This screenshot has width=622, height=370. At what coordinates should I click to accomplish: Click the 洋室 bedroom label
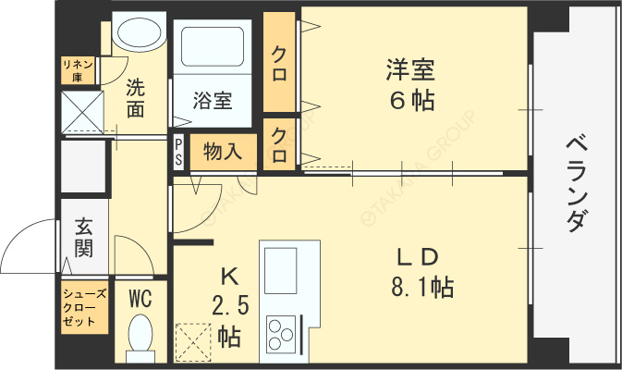click(410, 70)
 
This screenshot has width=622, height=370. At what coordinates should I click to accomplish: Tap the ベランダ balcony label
click(576, 183)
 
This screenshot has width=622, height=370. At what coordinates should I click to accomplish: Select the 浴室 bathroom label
click(213, 100)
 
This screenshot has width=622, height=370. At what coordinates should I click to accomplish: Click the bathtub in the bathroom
click(213, 46)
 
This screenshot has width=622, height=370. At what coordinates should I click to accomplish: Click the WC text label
click(140, 298)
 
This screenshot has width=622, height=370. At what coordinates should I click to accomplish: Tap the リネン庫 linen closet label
click(78, 70)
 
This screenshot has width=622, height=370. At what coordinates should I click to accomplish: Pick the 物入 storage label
click(223, 152)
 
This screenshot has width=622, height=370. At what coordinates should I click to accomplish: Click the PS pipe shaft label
click(178, 152)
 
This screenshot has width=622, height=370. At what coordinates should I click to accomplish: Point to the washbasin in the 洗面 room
click(139, 33)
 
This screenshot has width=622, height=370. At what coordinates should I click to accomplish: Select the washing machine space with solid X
click(82, 112)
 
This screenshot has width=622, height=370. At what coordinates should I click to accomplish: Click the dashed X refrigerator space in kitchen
click(193, 342)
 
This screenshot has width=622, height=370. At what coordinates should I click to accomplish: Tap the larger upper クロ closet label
click(279, 64)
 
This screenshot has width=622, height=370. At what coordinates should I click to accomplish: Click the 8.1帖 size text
click(423, 287)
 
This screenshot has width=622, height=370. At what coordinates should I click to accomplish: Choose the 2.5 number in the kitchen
click(230, 306)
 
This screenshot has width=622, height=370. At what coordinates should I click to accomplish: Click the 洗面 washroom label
click(135, 98)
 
